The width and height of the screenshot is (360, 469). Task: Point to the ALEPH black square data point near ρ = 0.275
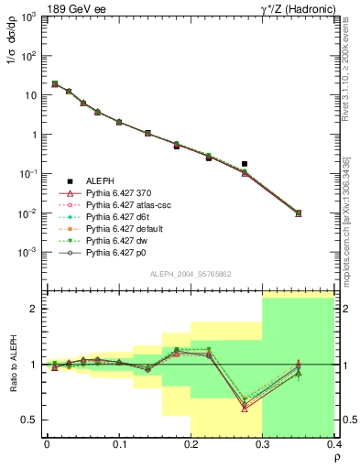[x=245, y=164]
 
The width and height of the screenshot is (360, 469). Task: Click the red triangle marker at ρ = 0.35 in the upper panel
[x=299, y=213]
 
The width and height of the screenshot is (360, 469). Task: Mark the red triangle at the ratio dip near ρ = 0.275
[x=245, y=408]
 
